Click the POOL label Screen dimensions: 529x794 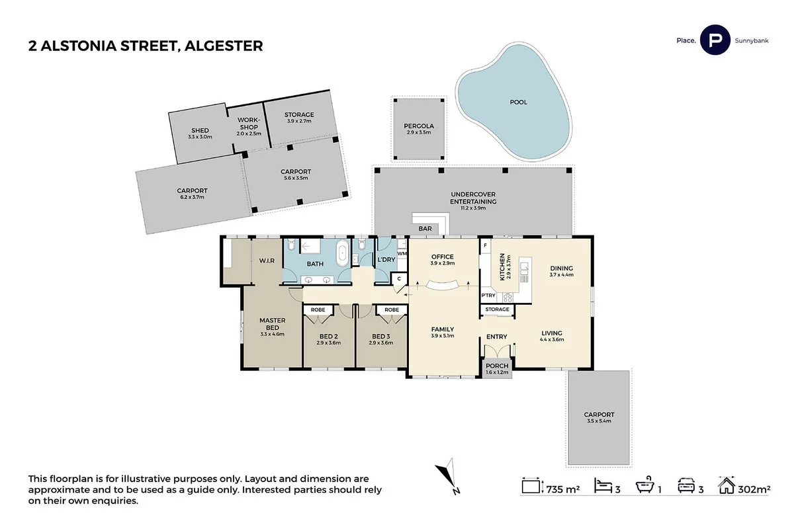pos(518,102)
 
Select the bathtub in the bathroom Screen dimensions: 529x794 pos(342,254)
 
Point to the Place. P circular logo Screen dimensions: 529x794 pos(715,40)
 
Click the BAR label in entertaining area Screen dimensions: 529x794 pos(425,229)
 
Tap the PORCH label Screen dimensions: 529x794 pos(497,366)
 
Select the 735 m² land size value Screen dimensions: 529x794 pos(562,489)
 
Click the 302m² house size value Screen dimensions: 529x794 pos(754,489)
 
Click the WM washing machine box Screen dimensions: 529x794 pos(402,253)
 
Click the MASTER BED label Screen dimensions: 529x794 pos(272,324)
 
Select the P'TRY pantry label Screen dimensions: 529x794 pos(488,295)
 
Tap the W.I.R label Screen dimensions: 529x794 pos(267,261)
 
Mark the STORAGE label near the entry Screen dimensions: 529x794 pos(497,309)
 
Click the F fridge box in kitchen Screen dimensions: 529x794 pos(485,245)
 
